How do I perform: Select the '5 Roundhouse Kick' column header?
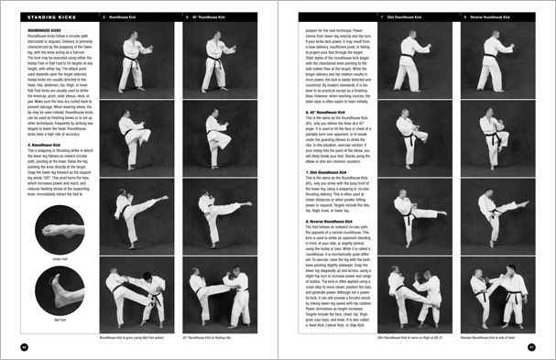[125, 16]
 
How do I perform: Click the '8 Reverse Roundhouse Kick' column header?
[490, 16]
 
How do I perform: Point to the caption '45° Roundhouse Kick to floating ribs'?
[223, 337]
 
